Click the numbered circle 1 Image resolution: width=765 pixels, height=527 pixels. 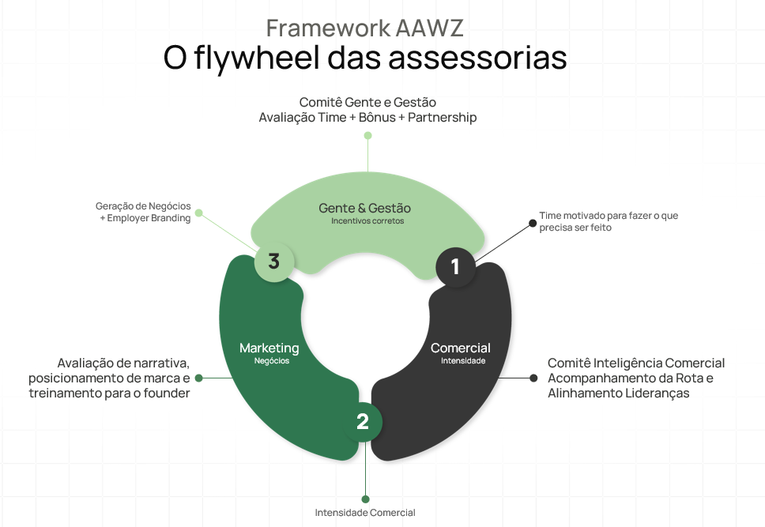455,267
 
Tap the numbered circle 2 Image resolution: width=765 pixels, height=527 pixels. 363,422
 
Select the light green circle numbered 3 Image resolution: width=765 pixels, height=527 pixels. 273,262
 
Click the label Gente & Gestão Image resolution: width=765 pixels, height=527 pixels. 364,209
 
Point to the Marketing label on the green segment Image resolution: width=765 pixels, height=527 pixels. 269,348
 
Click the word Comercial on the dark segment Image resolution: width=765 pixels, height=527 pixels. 460,348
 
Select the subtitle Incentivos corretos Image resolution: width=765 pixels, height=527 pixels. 367,222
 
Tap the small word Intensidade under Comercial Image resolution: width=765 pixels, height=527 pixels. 463,361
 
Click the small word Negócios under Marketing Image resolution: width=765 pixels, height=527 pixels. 272,361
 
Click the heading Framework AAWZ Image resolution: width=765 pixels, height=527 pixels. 364,28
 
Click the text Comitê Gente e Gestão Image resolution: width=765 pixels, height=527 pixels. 367,103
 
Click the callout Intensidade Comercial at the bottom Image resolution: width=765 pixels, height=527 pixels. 364,513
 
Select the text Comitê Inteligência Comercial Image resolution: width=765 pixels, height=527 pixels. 635,363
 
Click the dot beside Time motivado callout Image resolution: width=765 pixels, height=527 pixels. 533,223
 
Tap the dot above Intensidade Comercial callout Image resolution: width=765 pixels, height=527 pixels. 365,499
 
